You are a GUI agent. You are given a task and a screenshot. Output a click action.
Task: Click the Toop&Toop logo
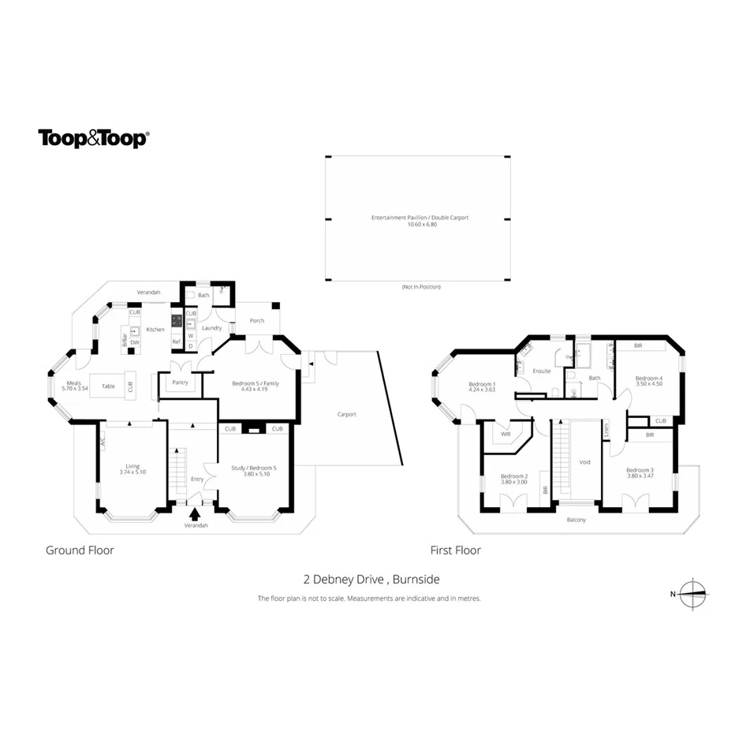click(x=93, y=139)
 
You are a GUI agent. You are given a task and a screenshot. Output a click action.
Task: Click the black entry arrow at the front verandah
click(x=196, y=514)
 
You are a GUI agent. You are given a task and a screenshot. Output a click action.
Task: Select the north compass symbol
click(x=692, y=593)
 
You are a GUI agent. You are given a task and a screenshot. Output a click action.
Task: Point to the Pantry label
click(x=181, y=382)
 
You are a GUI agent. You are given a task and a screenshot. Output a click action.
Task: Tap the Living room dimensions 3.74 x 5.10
click(x=132, y=472)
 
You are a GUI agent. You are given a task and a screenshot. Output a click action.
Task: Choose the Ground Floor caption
click(x=80, y=550)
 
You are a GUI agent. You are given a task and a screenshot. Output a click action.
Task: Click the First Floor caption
click(x=455, y=550)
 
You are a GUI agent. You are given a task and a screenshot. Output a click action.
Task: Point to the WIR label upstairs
click(x=506, y=434)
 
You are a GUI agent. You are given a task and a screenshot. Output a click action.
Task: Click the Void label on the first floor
click(x=584, y=462)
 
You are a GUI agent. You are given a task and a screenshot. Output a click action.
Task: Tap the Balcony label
click(x=576, y=520)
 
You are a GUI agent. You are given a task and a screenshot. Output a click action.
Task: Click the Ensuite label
click(x=541, y=371)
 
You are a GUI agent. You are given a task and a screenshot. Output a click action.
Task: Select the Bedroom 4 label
click(x=649, y=378)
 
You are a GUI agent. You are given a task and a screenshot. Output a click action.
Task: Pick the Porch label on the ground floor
click(x=256, y=321)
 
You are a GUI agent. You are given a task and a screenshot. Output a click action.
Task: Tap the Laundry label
click(x=211, y=328)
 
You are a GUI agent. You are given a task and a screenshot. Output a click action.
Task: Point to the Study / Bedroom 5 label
click(x=255, y=468)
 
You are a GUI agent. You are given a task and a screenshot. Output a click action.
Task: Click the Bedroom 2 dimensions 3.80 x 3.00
click(x=513, y=482)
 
